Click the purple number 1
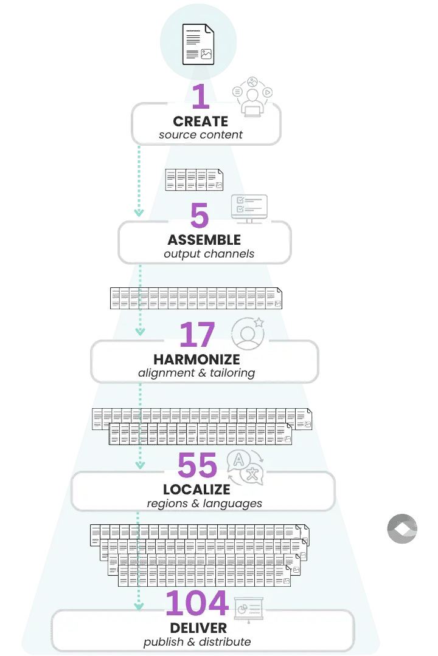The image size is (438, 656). [200, 97]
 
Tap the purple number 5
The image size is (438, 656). [200, 216]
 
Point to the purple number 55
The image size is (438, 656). [197, 466]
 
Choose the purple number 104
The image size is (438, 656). [196, 603]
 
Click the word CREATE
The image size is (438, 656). [201, 121]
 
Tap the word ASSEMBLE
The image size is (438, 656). [204, 240]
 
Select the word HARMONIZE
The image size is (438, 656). [196, 360]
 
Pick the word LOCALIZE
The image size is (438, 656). [196, 490]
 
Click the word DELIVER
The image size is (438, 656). [199, 627]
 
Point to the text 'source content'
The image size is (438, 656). [201, 135]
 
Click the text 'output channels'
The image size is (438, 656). [209, 254]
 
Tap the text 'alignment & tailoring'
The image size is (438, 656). [196, 373]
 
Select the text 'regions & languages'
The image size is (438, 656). [204, 504]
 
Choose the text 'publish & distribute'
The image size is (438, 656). [197, 641]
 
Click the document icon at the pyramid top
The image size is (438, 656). [198, 44]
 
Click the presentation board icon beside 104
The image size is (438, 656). [248, 606]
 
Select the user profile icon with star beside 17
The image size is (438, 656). [248, 333]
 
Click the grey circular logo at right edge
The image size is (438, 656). [402, 528]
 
